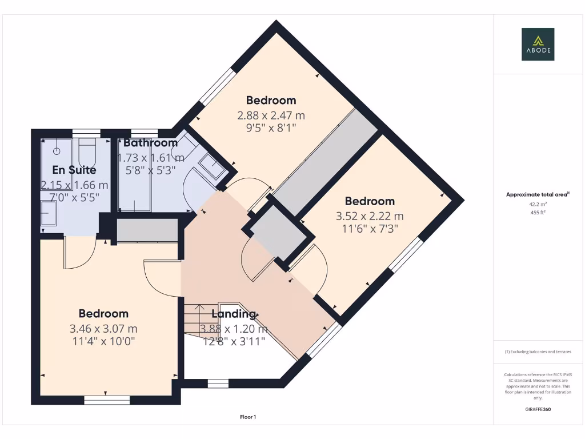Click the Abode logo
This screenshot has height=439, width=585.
point(538,45)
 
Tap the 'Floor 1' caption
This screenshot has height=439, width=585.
point(248,417)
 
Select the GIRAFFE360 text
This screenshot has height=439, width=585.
point(538,409)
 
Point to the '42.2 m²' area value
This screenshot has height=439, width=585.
point(538,203)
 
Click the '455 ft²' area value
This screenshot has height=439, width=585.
point(538,213)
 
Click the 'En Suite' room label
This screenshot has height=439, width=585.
point(74,170)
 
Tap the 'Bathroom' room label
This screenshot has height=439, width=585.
point(150,143)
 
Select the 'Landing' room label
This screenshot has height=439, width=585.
point(234,314)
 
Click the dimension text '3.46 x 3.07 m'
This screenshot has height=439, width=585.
point(103,329)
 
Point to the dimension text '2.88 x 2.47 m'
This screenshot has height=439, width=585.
point(271,115)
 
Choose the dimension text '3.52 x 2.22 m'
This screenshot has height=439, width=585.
point(370,216)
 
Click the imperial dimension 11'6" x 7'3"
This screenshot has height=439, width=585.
point(370,228)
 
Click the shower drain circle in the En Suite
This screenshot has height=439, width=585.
point(57,151)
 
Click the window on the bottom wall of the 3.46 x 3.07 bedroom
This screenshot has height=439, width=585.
point(106,400)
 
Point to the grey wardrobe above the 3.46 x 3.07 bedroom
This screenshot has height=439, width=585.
point(147,230)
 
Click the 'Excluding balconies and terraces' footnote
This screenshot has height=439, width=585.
point(538,352)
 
